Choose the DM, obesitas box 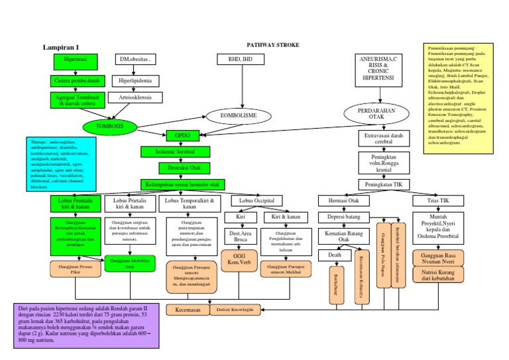click(x=135, y=60)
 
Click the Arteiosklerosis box click(x=135, y=97)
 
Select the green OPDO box click(x=182, y=135)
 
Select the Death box click(x=334, y=255)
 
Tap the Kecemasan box click(x=188, y=310)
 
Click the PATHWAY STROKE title click(x=273, y=44)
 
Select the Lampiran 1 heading click(x=61, y=47)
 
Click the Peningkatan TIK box click(x=380, y=184)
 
